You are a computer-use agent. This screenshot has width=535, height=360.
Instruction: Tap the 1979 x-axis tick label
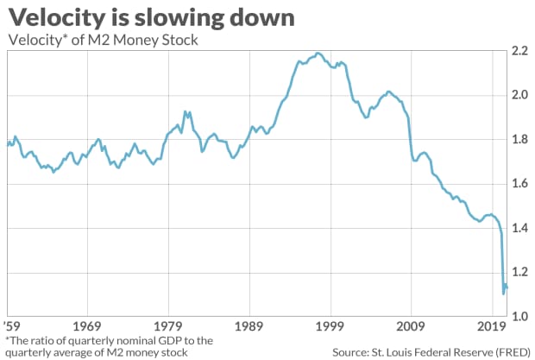click(x=169, y=327)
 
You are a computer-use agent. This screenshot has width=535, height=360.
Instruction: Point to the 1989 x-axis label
click(x=250, y=327)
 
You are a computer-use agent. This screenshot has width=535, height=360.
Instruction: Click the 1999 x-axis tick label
click(x=330, y=327)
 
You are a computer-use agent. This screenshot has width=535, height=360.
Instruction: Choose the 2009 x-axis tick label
click(x=412, y=327)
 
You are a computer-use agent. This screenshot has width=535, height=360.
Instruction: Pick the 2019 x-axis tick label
click(x=492, y=327)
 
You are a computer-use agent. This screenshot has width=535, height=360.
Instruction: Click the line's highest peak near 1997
click(x=318, y=54)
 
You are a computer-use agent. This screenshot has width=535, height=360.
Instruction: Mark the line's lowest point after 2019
click(x=503, y=294)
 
